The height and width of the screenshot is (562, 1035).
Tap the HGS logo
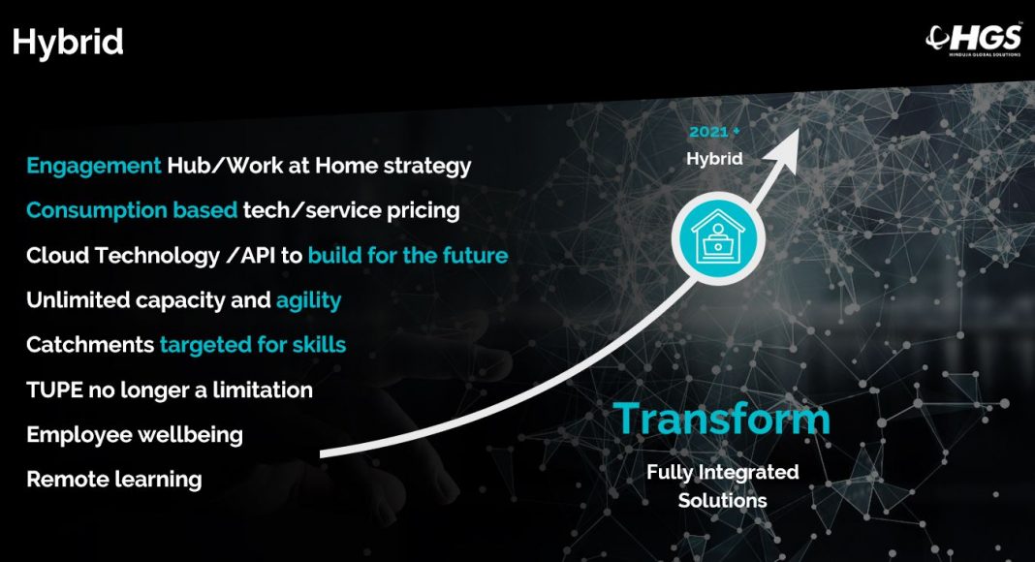(973, 41)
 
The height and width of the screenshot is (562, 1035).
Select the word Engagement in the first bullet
(93, 167)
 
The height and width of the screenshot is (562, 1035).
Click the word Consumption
(96, 210)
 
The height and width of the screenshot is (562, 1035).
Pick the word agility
(308, 300)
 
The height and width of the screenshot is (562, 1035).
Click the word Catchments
(90, 345)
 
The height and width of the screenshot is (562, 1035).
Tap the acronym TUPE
(55, 390)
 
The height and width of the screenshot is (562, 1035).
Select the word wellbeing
(190, 435)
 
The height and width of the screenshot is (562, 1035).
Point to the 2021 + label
(714, 132)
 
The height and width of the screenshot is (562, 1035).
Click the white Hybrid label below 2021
(714, 159)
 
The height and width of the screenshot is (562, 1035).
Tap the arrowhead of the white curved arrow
(783, 148)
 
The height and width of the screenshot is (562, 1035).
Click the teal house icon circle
(718, 238)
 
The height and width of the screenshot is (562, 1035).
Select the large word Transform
(721, 419)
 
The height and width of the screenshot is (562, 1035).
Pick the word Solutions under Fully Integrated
(722, 501)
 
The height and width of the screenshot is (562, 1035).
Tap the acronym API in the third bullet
(258, 255)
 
